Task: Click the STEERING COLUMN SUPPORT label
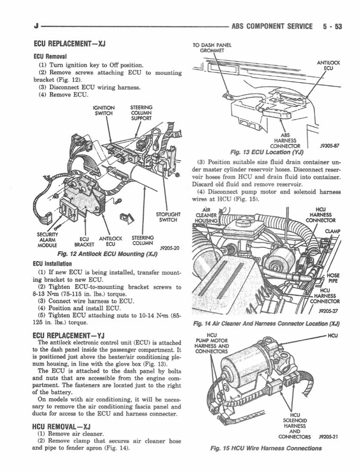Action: (141, 113)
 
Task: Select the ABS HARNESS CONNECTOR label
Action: (285, 140)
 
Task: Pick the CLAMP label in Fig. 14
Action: (331, 232)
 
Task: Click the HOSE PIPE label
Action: (333, 278)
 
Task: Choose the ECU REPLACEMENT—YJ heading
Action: (69, 335)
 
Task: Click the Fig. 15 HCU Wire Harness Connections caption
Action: (266, 448)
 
